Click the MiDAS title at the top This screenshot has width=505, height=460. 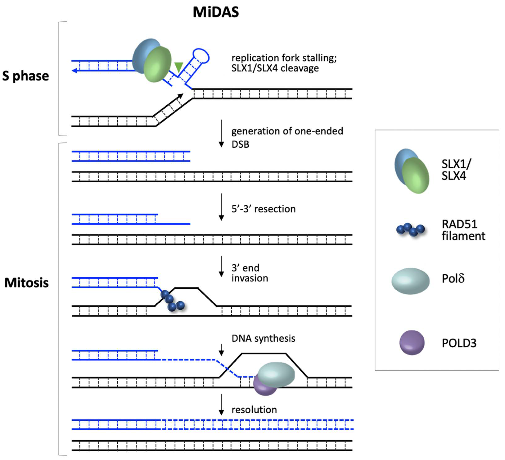pos(216,12)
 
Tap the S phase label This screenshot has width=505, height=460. pos(26,76)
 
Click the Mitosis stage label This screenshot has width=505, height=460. pos(27,283)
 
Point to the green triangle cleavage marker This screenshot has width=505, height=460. pos(179,67)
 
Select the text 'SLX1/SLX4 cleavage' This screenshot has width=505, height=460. pos(275,68)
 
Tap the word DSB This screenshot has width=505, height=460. pos(240,145)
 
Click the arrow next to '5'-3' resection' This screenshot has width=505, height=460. pos(221,207)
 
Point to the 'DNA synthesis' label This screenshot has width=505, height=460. pos(263,338)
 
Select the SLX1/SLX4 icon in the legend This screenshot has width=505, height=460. pos(412,171)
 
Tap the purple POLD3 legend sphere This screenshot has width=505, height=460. pos(412,343)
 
